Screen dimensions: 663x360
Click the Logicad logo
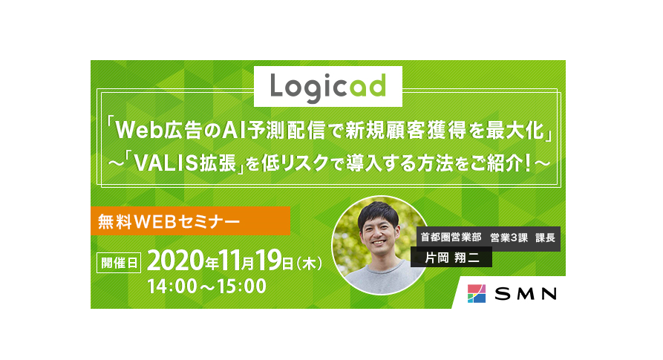click(327, 87)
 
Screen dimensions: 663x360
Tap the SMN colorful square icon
click(477, 293)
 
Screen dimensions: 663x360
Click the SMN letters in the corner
click(526, 294)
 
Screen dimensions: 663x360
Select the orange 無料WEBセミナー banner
click(190, 220)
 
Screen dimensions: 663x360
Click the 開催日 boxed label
click(119, 263)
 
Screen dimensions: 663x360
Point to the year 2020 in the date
click(175, 261)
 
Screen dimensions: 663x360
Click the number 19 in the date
click(269, 261)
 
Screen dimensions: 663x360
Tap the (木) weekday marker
click(310, 264)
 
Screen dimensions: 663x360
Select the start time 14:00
click(172, 286)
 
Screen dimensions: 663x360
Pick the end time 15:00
click(242, 286)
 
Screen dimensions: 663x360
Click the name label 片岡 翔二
click(451, 258)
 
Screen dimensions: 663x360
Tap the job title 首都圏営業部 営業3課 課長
click(488, 238)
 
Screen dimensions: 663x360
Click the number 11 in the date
click(230, 261)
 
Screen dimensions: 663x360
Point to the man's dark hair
click(378, 213)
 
